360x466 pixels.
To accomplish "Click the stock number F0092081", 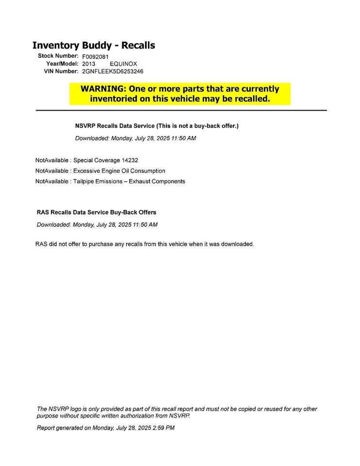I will point(95,56).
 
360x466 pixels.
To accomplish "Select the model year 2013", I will point(88,64).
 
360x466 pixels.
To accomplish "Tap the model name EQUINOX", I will point(123,64).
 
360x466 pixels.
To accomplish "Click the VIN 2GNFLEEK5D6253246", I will point(113,71).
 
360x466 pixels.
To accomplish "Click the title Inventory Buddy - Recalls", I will point(94,46).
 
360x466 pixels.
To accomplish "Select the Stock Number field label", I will point(58,56).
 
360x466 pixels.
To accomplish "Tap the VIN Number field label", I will point(61,71).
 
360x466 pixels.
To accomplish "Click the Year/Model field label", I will point(62,64).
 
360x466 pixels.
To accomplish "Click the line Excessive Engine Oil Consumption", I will point(119,171).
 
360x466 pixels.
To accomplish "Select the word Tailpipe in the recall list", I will point(84,182).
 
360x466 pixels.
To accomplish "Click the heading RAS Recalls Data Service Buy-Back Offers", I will point(97,213).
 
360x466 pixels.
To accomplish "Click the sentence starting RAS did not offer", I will point(145,244).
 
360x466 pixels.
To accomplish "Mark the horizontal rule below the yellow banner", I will point(181,111).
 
